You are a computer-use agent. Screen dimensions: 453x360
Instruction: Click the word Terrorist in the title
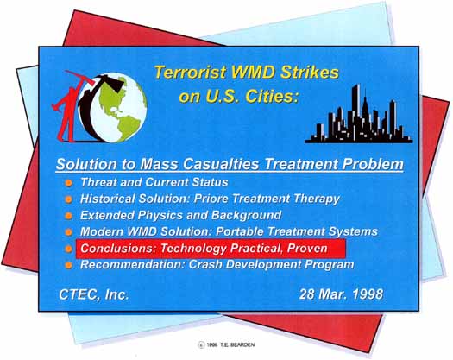tap(190, 72)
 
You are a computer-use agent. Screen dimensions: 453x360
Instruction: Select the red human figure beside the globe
tap(69, 107)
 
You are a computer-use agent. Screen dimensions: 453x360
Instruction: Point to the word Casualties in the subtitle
tap(221, 164)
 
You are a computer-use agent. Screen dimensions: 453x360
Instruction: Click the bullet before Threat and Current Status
tap(68, 183)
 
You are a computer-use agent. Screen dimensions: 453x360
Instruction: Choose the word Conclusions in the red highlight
tap(118, 248)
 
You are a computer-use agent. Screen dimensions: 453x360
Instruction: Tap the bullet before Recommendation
tap(68, 265)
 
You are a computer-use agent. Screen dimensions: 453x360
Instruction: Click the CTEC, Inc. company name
tap(93, 294)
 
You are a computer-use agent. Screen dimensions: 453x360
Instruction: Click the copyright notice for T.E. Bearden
tap(226, 344)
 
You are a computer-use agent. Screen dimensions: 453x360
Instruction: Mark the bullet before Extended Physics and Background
tap(68, 216)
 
